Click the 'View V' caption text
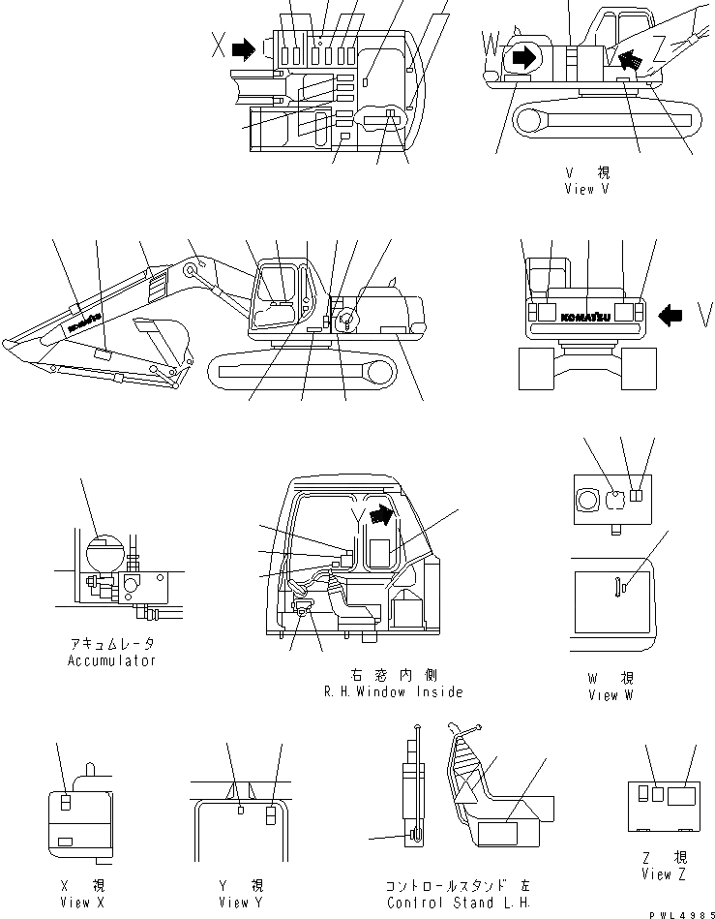(586, 190)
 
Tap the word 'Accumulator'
(111, 660)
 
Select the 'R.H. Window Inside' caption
(393, 691)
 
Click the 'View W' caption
(611, 695)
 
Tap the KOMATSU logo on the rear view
(586, 314)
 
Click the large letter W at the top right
(492, 44)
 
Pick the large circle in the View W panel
(587, 500)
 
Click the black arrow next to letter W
(522, 57)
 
